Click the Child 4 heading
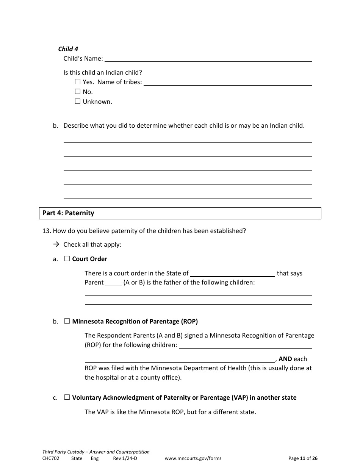(68, 49)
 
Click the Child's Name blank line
(208, 59)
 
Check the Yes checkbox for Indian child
(78, 81)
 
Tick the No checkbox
(78, 91)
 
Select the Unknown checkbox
(78, 101)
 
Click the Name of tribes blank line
(228, 83)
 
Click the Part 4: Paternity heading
(68, 213)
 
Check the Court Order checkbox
(67, 258)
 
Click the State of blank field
(232, 274)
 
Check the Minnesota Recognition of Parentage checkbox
(67, 321)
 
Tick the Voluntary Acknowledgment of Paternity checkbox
(67, 397)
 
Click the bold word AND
(285, 359)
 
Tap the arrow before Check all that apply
(56, 244)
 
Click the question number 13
(46, 231)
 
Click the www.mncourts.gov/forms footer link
(193, 458)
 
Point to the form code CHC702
(51, 458)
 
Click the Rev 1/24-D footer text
(125, 458)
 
